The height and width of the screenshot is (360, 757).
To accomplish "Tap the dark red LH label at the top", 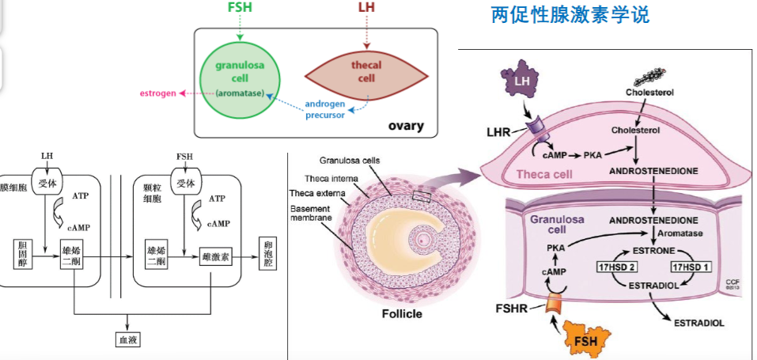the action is point(366,7).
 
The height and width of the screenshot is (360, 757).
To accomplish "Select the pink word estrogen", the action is point(158,93).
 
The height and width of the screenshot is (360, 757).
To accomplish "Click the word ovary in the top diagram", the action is point(406,126).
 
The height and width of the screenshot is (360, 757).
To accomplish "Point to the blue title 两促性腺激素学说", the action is point(570,15).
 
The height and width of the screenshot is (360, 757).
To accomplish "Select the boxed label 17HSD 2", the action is point(614,267).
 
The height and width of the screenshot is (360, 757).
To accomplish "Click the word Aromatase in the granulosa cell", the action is point(684,233).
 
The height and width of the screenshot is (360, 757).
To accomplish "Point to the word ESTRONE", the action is point(653,252).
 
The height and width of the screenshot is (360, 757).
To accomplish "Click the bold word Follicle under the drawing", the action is point(402,313).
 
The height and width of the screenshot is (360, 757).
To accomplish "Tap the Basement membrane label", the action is point(311,213).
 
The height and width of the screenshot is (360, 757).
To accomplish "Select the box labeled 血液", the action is point(127,339).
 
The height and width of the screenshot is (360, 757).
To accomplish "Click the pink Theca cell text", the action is point(544,174).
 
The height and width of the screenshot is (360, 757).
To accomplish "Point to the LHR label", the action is point(498,131).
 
